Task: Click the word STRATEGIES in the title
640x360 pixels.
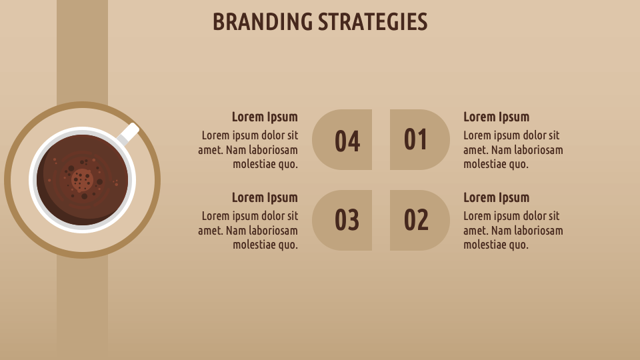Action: point(372,22)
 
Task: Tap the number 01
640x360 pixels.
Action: point(416,139)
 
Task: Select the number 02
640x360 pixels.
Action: point(416,220)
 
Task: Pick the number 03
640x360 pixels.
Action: point(347,220)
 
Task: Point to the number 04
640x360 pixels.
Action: point(347,141)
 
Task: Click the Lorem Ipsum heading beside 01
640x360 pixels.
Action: point(496,117)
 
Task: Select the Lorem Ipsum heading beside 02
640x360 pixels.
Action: point(496,197)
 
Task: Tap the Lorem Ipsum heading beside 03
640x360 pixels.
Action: point(265,197)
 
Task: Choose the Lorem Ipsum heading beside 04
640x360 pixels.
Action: point(265,117)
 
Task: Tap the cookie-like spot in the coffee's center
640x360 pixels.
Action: point(82,179)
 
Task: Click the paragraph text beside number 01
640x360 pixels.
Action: point(513,150)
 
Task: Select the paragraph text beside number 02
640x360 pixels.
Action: point(513,231)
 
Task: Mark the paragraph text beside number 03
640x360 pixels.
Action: point(248,231)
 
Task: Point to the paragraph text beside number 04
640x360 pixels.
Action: point(248,150)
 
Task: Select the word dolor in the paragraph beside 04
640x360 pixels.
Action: point(270,136)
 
